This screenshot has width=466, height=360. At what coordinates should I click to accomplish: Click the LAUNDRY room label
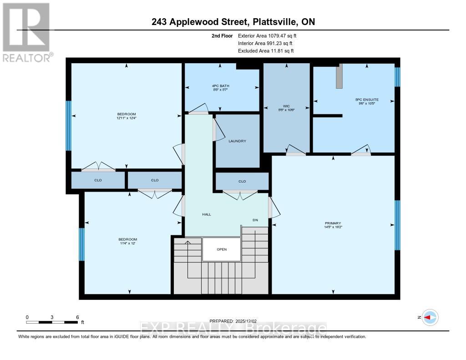(x=237, y=141)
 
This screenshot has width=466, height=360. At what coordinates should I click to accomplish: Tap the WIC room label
(x=287, y=106)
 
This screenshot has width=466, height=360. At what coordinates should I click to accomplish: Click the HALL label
(x=206, y=214)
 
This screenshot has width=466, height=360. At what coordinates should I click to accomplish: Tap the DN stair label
(x=255, y=220)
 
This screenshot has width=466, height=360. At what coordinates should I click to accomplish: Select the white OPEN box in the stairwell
(x=221, y=249)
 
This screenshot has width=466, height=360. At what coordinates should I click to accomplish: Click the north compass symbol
(x=430, y=317)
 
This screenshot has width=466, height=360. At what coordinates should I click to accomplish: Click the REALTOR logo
(x=26, y=32)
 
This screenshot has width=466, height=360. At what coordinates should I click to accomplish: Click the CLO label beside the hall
(x=242, y=181)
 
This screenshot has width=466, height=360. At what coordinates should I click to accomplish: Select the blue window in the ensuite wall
(x=397, y=77)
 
